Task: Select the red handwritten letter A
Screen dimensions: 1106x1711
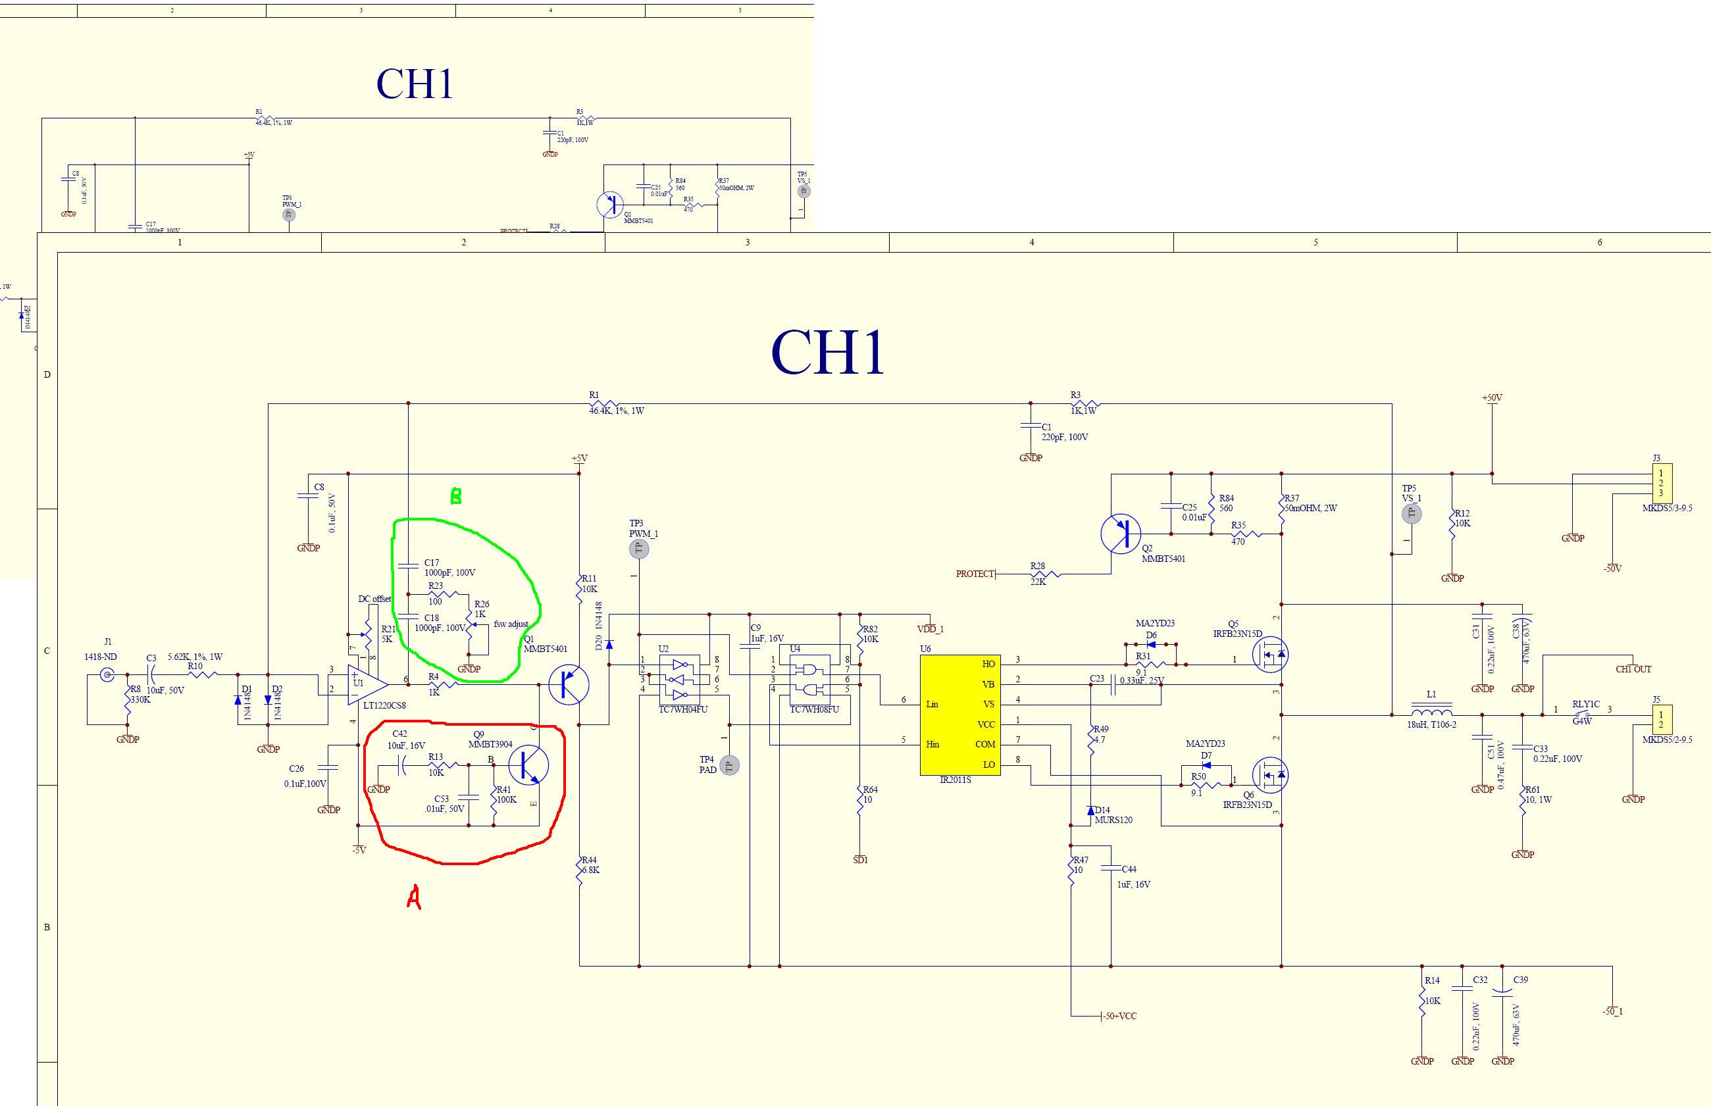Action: point(414,897)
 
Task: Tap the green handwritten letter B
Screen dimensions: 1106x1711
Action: point(455,496)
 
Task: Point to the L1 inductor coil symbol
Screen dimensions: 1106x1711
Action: point(1431,711)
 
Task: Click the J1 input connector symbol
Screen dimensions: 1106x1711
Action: point(108,674)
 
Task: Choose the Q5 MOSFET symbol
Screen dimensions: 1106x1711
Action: point(1269,653)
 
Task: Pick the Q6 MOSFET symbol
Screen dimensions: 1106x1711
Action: point(1269,775)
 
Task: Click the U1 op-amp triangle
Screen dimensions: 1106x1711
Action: point(365,685)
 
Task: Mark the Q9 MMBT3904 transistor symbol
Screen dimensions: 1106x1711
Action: point(528,765)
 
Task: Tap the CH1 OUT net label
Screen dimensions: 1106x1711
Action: point(1633,669)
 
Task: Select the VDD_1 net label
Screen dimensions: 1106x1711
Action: point(931,629)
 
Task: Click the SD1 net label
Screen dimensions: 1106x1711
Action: point(860,860)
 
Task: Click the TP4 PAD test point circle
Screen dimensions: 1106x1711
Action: point(729,767)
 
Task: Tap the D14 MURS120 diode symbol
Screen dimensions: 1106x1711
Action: point(1090,810)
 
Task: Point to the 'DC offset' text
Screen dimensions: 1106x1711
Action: point(374,599)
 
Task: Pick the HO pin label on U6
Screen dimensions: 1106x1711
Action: point(988,665)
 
